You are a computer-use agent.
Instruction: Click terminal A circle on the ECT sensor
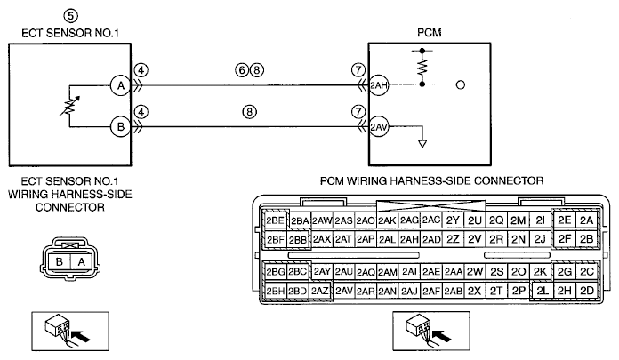120,85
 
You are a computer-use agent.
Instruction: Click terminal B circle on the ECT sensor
120,127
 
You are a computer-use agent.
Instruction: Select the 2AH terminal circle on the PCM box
378,84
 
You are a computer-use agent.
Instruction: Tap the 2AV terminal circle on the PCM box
378,127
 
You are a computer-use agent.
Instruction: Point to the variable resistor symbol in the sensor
69,106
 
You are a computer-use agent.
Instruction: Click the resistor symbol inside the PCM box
422,67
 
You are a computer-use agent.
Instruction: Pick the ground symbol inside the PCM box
422,143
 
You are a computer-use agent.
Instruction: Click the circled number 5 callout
70,16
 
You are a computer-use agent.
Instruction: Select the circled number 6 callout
242,70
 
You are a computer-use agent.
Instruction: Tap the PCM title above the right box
429,32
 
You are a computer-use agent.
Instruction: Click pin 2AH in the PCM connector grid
409,239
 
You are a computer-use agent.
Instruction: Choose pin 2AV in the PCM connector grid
344,291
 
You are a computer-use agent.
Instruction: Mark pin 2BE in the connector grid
275,220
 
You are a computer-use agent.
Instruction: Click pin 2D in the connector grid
587,291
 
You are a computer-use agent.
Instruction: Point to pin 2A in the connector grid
587,220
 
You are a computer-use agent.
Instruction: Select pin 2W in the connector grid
475,272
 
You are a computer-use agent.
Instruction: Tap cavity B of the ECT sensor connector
60,261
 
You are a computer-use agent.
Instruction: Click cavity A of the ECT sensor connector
81,261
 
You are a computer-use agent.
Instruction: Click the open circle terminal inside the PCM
461,84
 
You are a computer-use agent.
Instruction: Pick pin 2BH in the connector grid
275,291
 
